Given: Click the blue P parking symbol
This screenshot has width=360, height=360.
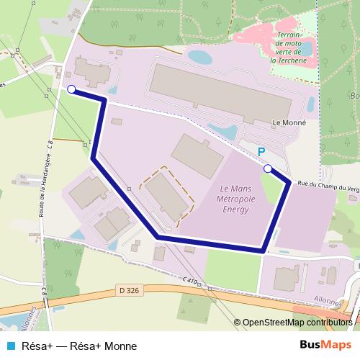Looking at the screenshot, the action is click(x=261, y=152).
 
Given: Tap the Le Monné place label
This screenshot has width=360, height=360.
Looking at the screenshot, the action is click(x=291, y=123).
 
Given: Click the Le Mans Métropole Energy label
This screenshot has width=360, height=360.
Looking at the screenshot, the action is click(x=234, y=199).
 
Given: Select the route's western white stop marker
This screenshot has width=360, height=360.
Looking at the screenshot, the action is click(x=71, y=89).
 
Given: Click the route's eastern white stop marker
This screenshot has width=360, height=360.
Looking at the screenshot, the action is click(x=268, y=168).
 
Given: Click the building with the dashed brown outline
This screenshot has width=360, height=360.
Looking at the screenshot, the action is click(x=168, y=194).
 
